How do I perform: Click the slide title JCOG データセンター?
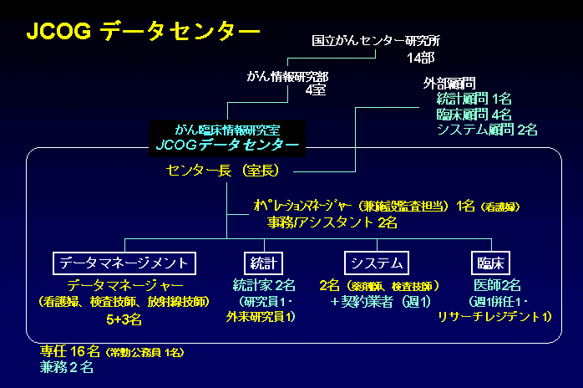pos(143,31)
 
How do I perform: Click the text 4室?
pos(315,89)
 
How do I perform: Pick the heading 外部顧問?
pos(449,84)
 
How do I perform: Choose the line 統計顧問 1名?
pos(474,99)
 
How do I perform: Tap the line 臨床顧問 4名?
pos(474,114)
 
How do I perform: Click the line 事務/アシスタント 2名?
pos(332,222)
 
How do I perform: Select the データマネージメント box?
pos(125,262)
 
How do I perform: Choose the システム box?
pos(379,262)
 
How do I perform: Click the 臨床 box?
pos(491,262)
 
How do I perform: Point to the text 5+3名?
pos(124,319)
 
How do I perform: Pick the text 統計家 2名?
pos(263,284)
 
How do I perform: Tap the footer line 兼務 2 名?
pos(67,366)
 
